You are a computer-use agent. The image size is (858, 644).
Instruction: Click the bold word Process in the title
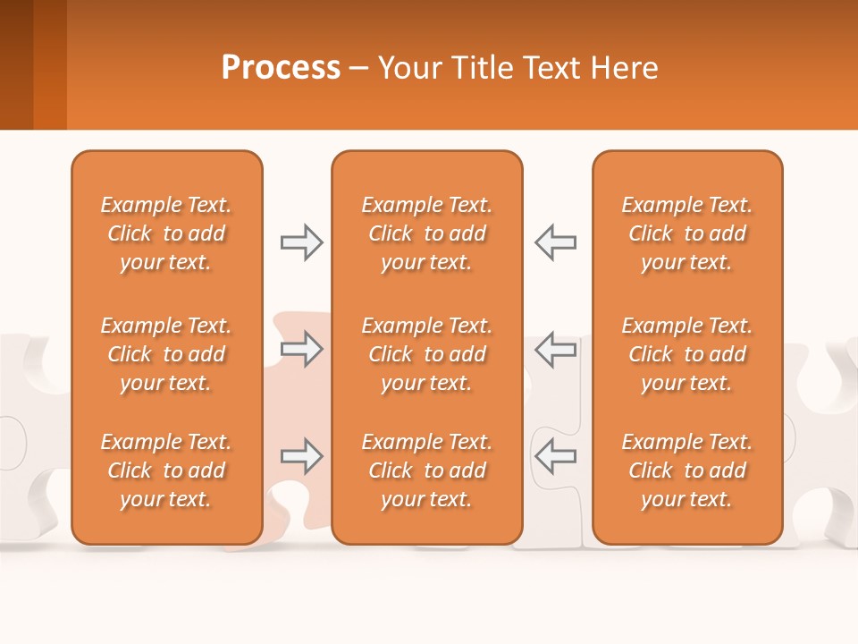point(281,68)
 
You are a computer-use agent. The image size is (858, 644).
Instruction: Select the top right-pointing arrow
point(301,242)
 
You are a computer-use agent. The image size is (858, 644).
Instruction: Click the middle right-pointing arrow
point(301,349)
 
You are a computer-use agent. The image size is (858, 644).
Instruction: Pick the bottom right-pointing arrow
point(301,457)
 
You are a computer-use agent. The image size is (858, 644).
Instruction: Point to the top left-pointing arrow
point(555,242)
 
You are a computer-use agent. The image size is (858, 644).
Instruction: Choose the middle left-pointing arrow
point(555,349)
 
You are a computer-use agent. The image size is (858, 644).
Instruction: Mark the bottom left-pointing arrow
point(555,457)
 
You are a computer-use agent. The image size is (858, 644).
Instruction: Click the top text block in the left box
point(166,233)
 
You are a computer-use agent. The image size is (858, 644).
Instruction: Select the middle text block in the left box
point(166,354)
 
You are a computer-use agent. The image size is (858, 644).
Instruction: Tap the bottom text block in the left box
point(166,470)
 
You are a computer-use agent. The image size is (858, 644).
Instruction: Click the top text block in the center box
point(426,233)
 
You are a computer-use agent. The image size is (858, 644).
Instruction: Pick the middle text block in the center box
point(426,354)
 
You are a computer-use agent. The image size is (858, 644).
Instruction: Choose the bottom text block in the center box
point(426,470)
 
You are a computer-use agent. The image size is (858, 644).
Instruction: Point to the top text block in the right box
point(686,233)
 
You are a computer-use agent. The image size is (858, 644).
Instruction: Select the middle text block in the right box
point(686,354)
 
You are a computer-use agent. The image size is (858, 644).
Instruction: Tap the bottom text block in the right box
point(686,470)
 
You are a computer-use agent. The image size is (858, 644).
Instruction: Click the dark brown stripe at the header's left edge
point(16,64)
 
